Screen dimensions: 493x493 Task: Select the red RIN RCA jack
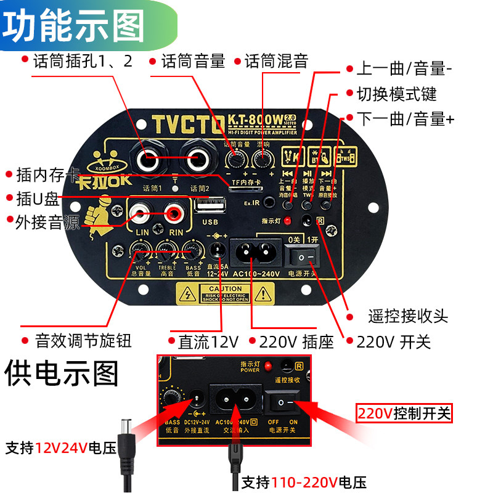[x=175, y=214]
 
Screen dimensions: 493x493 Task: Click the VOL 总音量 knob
[x=139, y=250]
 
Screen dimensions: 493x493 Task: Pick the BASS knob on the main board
[x=192, y=250]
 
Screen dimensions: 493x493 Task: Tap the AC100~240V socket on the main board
[x=255, y=251]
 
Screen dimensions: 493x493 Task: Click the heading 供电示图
[x=60, y=373]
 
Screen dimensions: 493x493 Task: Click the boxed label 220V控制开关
[x=404, y=413]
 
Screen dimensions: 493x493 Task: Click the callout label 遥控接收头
[x=408, y=317]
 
